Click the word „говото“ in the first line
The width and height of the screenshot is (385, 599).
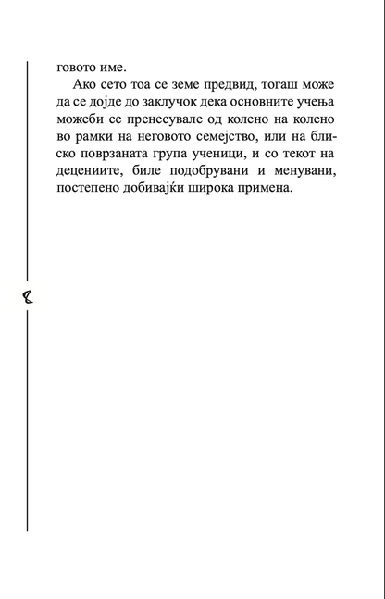click(79, 68)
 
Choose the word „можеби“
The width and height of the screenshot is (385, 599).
click(81, 124)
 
